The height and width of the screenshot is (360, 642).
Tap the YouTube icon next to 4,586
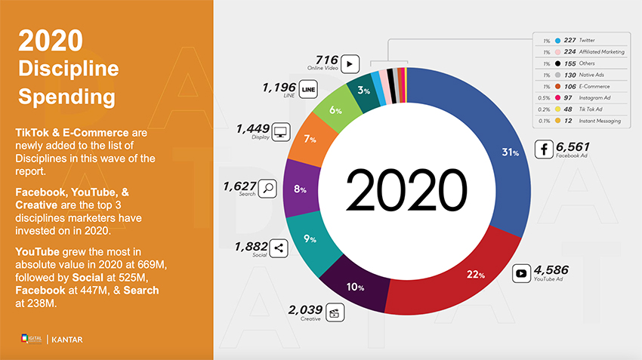521,273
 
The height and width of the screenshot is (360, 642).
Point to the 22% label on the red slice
475,274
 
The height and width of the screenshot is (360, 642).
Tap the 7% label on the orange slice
310,140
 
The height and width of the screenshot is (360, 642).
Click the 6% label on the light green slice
336,110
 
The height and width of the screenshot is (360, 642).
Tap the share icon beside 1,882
278,248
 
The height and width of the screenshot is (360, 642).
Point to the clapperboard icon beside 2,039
335,310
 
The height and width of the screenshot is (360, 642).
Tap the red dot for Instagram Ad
557,97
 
